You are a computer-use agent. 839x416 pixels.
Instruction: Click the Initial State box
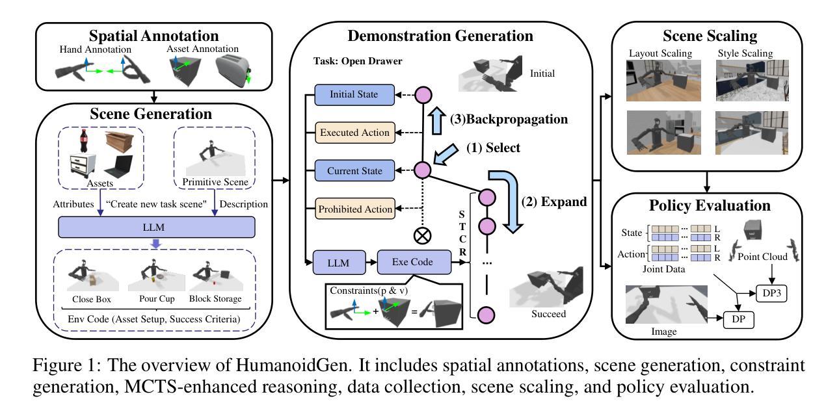tap(354, 95)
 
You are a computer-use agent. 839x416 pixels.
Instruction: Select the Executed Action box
tap(354, 133)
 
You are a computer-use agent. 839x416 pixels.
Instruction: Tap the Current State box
tap(354, 171)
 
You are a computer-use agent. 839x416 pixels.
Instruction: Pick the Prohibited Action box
tap(354, 209)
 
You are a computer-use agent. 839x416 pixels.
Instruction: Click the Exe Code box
tap(414, 262)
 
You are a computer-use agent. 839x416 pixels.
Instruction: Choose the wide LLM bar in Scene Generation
tap(157, 227)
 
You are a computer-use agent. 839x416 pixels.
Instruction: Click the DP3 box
tap(771, 293)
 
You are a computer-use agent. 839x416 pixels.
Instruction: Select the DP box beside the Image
tap(738, 320)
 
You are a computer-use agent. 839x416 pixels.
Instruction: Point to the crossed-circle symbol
tap(422, 236)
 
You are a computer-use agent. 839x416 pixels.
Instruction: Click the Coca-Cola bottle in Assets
tap(84, 140)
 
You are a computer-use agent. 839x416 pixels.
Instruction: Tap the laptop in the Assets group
tap(119, 166)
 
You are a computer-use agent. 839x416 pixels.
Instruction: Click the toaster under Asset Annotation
tap(233, 70)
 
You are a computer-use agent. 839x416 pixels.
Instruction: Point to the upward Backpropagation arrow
tap(436, 120)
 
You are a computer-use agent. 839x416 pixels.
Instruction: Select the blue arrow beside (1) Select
tap(446, 154)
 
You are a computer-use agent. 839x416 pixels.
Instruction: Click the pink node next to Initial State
tap(423, 95)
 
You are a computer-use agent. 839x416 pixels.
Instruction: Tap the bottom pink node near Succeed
tap(486, 315)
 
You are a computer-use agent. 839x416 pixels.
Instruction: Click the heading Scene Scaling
tap(710, 36)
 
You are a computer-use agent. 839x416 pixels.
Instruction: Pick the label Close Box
tap(92, 299)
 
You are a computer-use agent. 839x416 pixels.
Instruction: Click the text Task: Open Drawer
tap(358, 61)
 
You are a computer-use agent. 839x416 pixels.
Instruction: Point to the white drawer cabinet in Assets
tap(83, 166)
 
